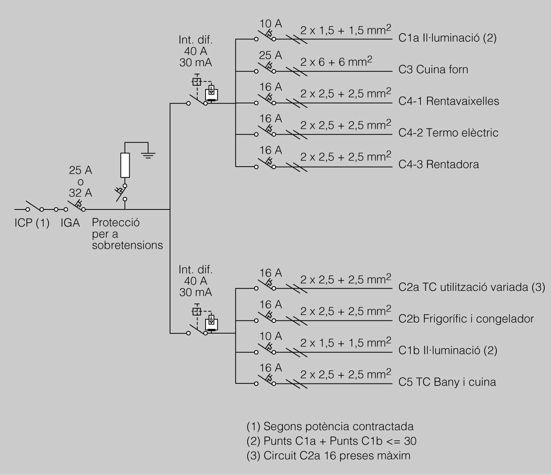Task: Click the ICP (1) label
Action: tap(32, 223)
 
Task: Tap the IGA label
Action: tap(70, 223)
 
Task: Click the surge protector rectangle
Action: tap(125, 165)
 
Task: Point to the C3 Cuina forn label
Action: tap(433, 70)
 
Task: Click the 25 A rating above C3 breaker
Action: tap(270, 56)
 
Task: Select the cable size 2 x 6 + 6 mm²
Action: tap(336, 62)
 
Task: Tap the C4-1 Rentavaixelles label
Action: tap(448, 101)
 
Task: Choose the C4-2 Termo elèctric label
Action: tap(448, 133)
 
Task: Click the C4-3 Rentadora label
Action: tap(438, 164)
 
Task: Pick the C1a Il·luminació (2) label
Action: tap(447, 38)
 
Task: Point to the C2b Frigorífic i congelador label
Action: tap(466, 319)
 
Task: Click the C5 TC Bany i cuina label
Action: tap(447, 382)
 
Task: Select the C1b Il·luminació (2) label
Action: tap(448, 350)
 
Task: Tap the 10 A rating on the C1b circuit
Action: tap(270, 336)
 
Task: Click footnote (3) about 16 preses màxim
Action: tap(329, 456)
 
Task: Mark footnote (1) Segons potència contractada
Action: tap(330, 426)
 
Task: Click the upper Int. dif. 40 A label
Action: tap(195, 51)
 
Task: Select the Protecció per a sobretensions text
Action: tap(127, 234)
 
